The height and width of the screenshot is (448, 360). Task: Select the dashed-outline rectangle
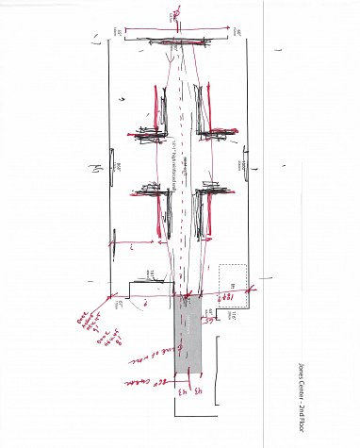[233, 278]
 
